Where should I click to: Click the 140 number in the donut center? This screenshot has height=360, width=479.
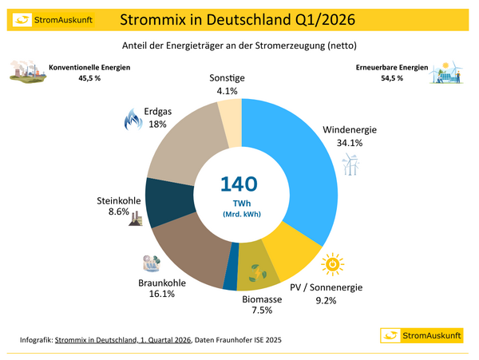coord(239,184)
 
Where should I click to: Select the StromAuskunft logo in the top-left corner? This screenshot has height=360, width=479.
coord(39,18)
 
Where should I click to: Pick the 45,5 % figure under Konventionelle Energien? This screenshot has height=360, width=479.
coord(65,79)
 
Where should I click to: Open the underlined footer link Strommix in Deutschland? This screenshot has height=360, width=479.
coord(123,341)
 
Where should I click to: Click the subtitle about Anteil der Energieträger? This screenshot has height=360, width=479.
coord(239,45)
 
